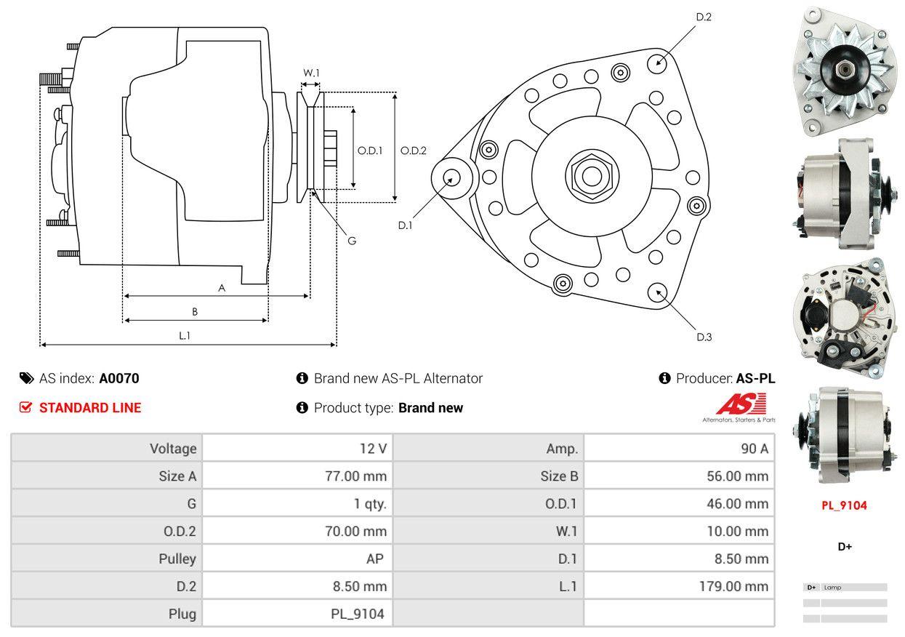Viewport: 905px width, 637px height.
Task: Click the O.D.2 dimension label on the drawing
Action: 414,151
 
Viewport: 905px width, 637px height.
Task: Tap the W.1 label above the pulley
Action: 311,73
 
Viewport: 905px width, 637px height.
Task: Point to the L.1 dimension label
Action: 185,335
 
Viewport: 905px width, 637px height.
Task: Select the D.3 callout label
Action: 704,337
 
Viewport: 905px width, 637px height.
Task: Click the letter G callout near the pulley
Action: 351,241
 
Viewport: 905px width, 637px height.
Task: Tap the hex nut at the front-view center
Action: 587,175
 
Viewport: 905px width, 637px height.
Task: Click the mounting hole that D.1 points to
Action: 451,177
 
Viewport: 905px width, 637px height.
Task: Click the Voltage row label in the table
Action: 172,449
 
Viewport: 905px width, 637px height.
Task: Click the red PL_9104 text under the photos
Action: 844,505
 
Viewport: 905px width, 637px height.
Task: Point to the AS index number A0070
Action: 119,378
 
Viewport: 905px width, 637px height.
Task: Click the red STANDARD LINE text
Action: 90,408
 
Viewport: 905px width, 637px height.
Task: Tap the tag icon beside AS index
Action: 27,378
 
